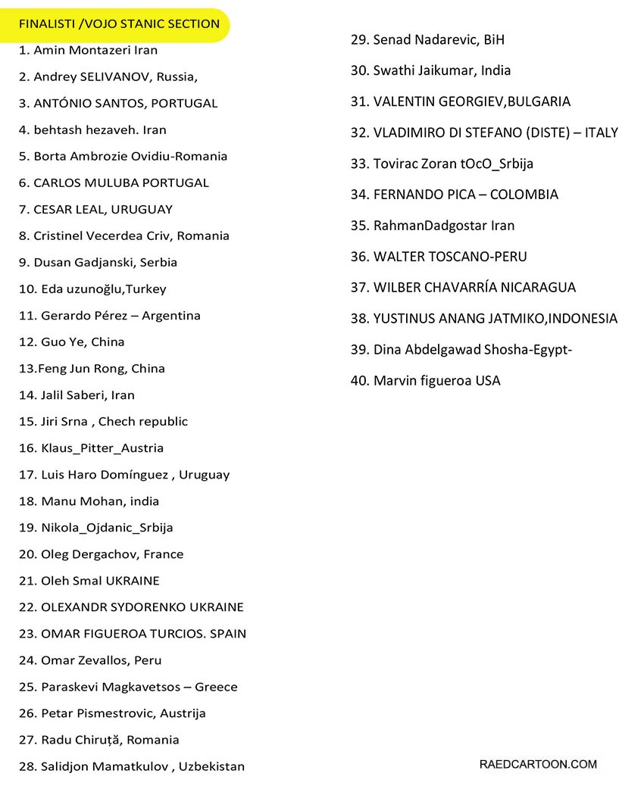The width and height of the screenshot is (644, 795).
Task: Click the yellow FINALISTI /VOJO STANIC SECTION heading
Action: tap(119, 23)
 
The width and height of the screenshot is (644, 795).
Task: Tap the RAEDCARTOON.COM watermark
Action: tap(538, 764)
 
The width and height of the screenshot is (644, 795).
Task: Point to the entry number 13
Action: tap(27, 369)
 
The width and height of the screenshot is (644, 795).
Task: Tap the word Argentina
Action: tap(171, 315)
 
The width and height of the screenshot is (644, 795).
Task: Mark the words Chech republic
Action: tap(143, 421)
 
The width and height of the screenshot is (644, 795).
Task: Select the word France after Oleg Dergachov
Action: tap(163, 554)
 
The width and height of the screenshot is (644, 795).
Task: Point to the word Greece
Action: tap(216, 687)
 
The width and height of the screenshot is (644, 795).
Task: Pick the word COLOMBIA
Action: tap(524, 195)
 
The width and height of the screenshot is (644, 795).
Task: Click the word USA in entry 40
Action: tap(488, 381)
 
